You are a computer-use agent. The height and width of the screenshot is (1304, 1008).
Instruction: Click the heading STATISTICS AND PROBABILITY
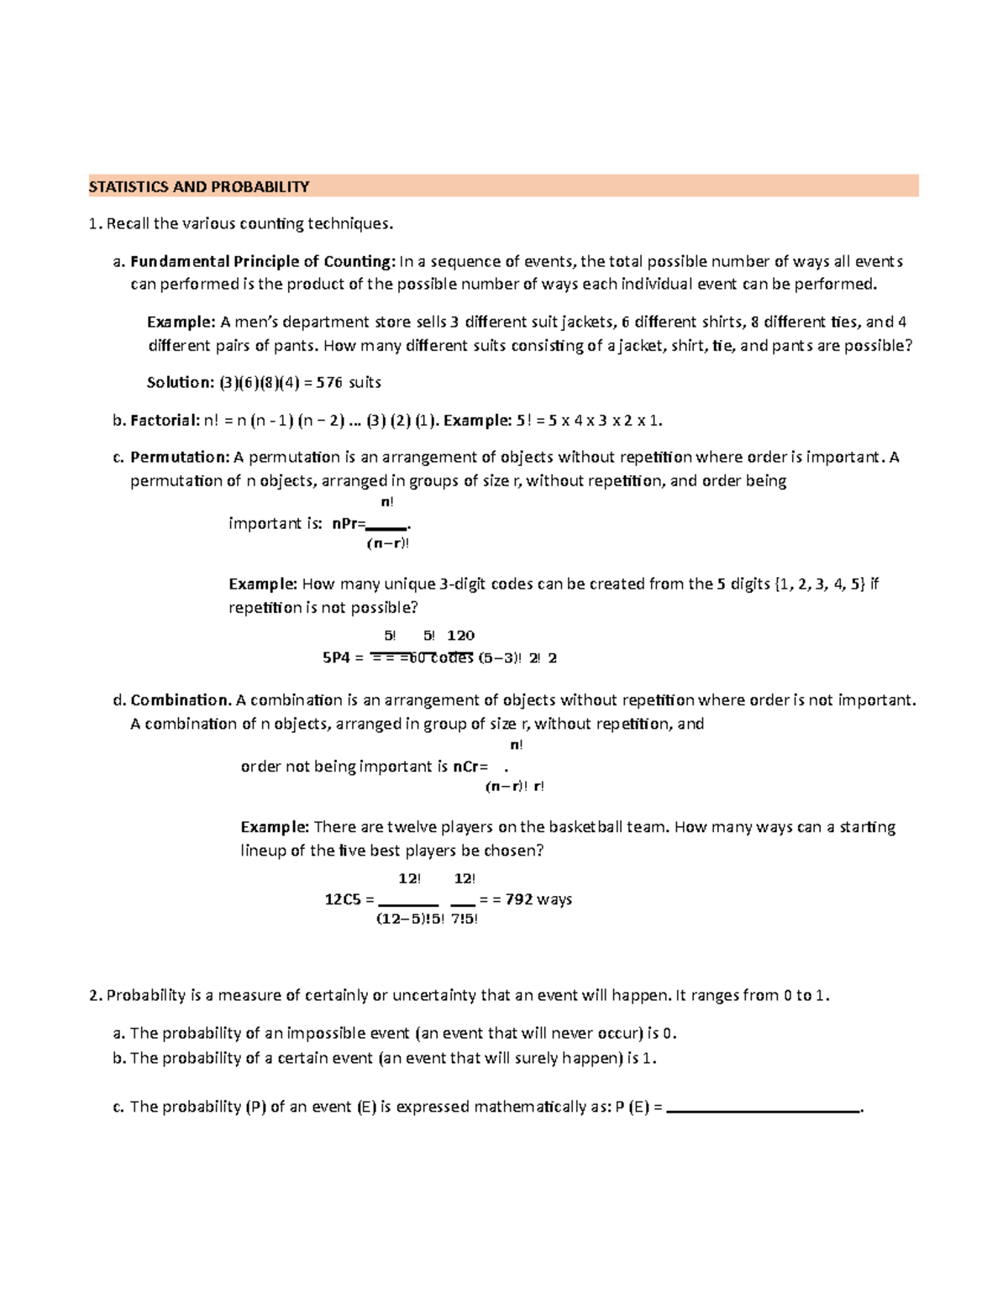coord(199,186)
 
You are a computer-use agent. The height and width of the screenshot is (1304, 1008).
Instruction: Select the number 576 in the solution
coord(330,383)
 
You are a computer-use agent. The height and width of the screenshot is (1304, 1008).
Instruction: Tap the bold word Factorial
coord(165,421)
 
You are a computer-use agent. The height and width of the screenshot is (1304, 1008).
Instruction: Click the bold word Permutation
coord(179,458)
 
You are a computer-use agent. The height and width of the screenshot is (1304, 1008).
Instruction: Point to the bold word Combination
coord(180,700)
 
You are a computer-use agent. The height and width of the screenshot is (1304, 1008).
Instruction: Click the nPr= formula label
coord(349,524)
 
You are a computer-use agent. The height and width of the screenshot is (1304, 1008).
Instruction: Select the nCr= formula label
coord(470,767)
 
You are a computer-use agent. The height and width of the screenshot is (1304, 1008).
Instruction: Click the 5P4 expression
coord(336,658)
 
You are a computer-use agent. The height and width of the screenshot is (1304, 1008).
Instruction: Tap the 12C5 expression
coord(344,899)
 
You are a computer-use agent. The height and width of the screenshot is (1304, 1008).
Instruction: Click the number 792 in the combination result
coord(518,899)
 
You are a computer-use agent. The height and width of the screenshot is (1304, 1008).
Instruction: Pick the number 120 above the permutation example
coord(460,636)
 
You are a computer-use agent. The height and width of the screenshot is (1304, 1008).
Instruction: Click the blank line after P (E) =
coord(763,1108)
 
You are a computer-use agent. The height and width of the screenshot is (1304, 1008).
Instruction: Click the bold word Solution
coord(179,383)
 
